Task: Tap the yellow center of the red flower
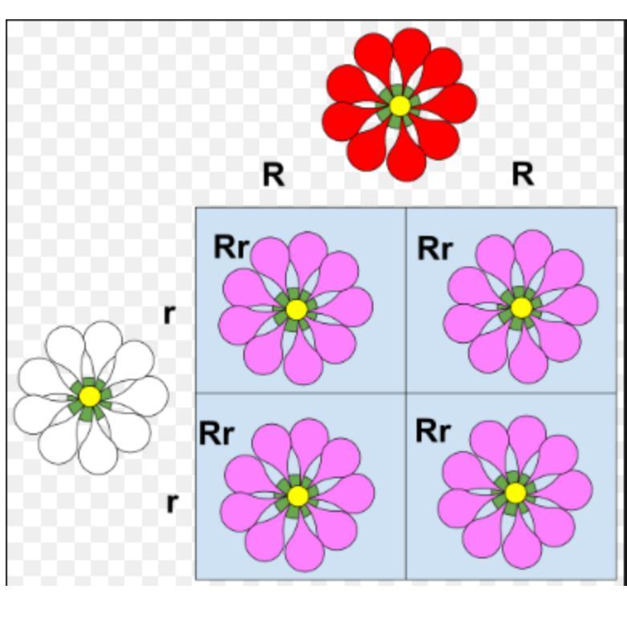399,105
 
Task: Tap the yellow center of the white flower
90,396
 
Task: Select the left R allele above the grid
273,174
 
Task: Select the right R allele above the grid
523,173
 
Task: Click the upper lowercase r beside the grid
169,315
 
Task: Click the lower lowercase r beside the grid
171,503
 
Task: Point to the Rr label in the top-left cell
231,248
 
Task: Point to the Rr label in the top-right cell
435,249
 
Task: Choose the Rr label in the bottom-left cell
217,433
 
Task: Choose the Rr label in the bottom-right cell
434,432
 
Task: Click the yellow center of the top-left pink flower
295,309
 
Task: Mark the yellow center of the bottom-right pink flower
515,492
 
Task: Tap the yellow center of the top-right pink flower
520,307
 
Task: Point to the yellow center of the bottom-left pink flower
297,495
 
